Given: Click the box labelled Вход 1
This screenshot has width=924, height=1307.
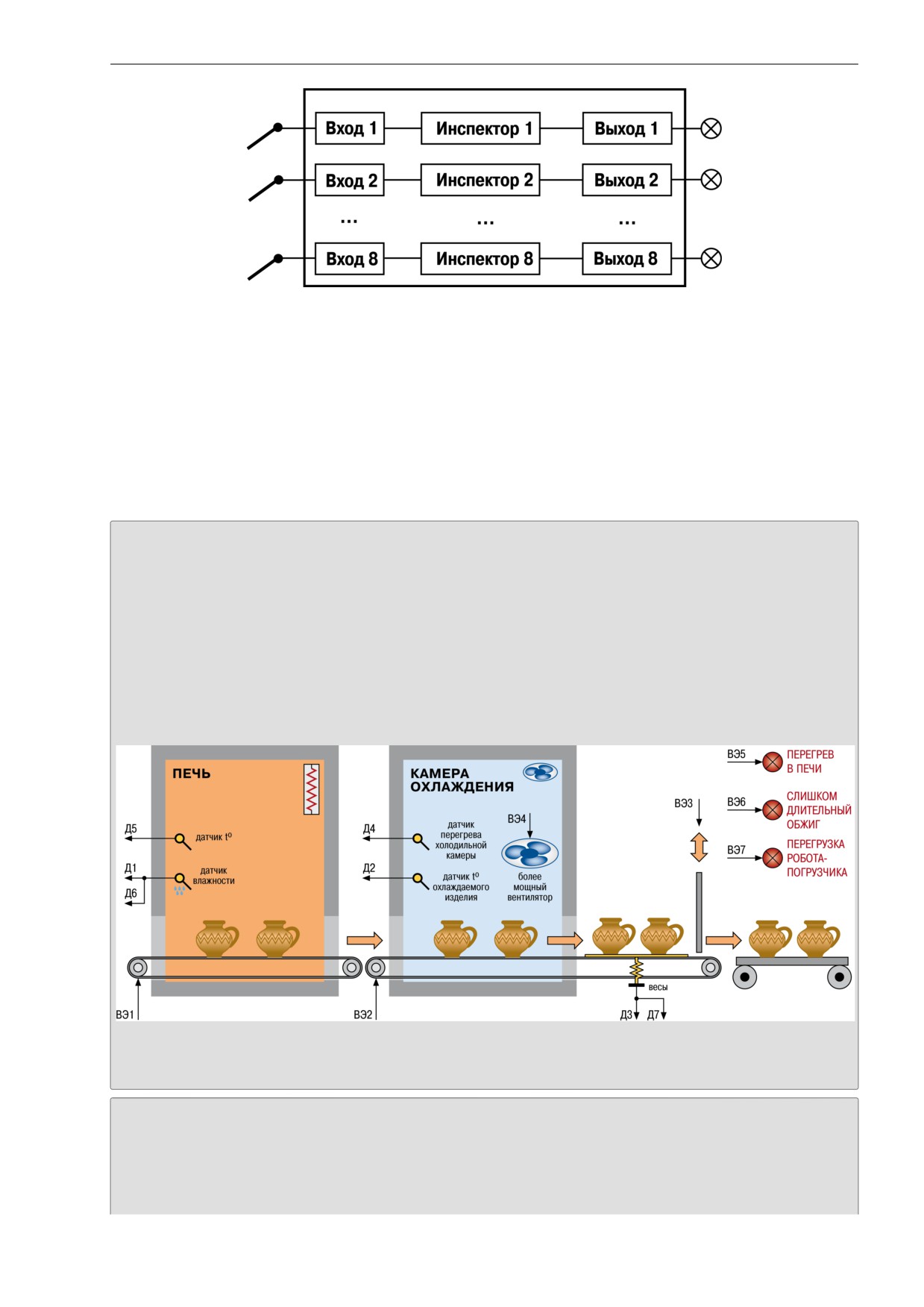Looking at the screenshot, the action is [349, 128].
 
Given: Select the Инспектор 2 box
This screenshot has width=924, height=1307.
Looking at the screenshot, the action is [480, 180].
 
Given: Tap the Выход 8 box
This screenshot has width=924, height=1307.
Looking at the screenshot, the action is [626, 259].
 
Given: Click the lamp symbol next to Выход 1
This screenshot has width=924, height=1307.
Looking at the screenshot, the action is [711, 128].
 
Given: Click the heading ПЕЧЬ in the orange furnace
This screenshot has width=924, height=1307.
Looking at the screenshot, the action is [192, 774].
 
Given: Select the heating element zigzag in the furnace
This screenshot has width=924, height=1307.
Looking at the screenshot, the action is [311, 789].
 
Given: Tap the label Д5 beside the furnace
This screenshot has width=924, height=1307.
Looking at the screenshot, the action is [131, 829].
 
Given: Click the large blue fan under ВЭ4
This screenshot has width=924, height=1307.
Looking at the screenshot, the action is [530, 853].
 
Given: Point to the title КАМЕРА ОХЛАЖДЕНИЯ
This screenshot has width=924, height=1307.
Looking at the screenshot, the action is [462, 780].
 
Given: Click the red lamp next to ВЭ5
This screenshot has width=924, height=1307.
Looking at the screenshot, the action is [773, 762].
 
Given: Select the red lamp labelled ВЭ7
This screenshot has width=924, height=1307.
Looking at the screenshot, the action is [773, 858].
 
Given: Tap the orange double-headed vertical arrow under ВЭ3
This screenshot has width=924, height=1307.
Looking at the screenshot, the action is [699, 847].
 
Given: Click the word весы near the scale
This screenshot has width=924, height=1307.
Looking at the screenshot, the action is [658, 987].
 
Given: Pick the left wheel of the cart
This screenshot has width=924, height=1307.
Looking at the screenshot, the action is [745, 977].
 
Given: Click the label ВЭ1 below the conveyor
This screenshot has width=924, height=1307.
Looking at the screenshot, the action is [125, 1015].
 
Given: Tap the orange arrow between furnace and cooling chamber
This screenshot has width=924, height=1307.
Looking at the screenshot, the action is [365, 940].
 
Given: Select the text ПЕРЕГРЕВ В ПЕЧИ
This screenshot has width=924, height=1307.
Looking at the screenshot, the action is [810, 762].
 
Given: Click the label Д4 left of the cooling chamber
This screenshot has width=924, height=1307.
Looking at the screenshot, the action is [369, 829].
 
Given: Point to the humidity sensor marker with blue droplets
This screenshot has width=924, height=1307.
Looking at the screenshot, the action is [181, 883].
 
